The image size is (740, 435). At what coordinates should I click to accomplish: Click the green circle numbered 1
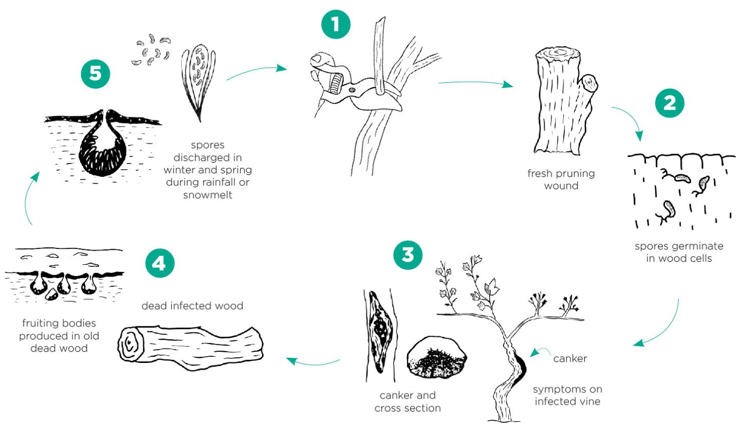tap(336, 25)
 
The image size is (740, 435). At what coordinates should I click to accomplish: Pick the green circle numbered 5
tap(96, 74)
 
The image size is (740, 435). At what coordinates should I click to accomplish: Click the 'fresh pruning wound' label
tap(561, 179)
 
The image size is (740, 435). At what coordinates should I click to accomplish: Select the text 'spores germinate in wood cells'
tap(678, 252)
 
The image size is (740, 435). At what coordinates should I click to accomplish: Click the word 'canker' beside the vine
tap(570, 358)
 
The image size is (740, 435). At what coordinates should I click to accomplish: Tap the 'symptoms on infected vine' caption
tap(567, 395)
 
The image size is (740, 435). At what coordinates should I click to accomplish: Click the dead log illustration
tap(190, 343)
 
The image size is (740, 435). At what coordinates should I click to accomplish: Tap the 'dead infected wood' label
tap(192, 306)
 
